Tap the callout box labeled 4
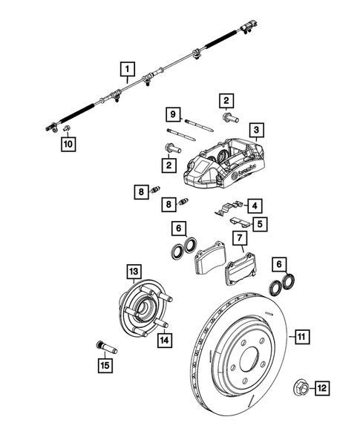255,205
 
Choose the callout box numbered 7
240,238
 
